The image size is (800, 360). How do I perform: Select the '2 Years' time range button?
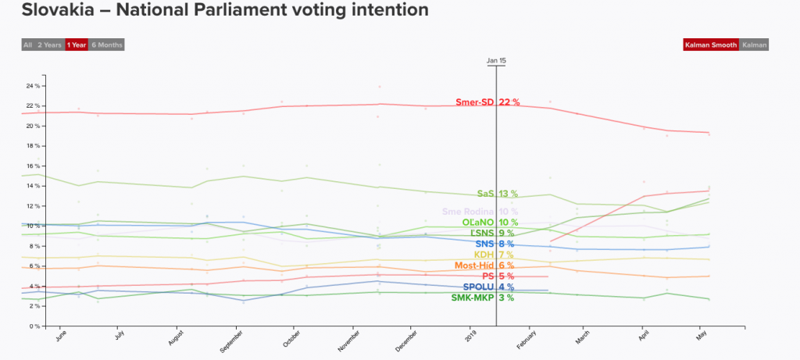(x=50, y=45)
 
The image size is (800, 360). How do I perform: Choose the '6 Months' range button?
(x=106, y=45)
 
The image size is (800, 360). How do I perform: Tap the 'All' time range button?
(x=27, y=45)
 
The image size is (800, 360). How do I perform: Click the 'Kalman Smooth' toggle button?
(x=710, y=45)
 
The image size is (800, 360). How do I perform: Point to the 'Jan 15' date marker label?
(x=496, y=60)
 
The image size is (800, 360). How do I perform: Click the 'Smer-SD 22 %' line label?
(x=487, y=102)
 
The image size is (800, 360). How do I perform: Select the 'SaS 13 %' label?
(x=497, y=194)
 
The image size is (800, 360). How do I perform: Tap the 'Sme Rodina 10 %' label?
(x=480, y=212)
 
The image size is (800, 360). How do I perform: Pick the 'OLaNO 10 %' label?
(x=484, y=223)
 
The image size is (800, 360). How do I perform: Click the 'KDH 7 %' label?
(x=494, y=255)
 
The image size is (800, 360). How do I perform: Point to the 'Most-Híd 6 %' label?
(x=484, y=266)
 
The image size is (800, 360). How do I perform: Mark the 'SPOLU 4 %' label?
(x=488, y=287)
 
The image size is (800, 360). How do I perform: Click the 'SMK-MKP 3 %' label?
(x=482, y=298)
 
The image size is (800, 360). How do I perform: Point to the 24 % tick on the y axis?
(x=33, y=86)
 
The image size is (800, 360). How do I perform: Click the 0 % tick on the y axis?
(x=34, y=326)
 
